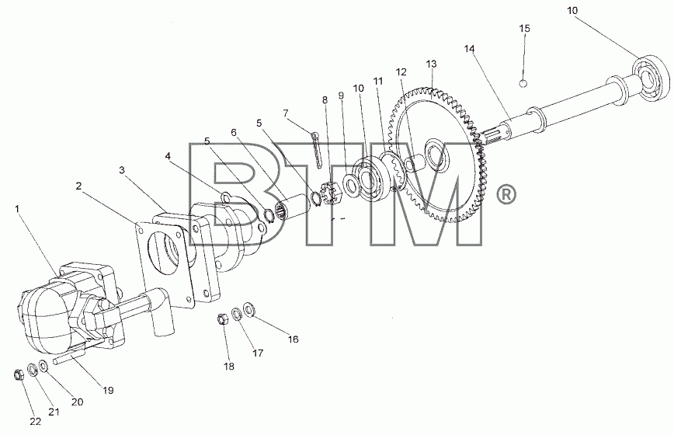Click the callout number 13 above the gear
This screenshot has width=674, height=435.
click(431, 64)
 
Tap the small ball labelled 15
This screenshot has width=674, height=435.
click(523, 83)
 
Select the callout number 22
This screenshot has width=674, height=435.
click(36, 422)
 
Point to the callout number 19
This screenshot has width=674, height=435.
click(108, 390)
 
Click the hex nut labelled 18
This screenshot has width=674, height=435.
click(222, 319)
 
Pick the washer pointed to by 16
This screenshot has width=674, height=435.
click(249, 308)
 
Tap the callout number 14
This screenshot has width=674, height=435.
click(469, 49)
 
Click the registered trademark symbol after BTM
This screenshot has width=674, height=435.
click(506, 195)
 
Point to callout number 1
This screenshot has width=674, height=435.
click(17, 209)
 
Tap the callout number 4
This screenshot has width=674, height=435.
click(168, 156)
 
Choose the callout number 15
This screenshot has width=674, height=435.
click(524, 29)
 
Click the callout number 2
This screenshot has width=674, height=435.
click(78, 186)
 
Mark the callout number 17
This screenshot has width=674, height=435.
click(258, 353)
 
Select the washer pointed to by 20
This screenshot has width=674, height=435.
click(43, 366)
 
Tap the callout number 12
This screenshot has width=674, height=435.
click(401, 71)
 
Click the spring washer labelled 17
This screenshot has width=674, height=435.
click(236, 314)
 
